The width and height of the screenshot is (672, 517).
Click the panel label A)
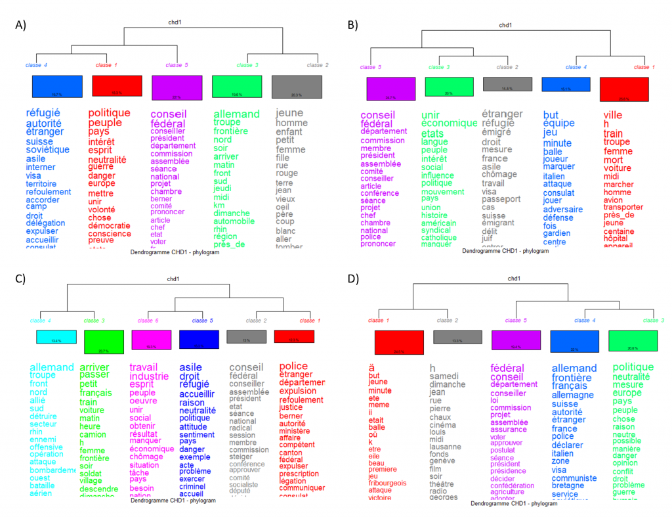click(20, 25)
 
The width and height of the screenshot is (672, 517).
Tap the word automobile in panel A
click(234, 221)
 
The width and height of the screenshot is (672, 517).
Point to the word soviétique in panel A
click(48, 149)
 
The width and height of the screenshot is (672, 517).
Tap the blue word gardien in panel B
click(556, 233)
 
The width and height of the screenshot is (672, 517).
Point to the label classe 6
click(148, 321)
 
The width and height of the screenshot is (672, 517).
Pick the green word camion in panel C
click(92, 434)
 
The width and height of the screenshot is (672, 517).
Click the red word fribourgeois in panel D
click(387, 483)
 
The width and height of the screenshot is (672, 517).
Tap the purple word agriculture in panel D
click(507, 491)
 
